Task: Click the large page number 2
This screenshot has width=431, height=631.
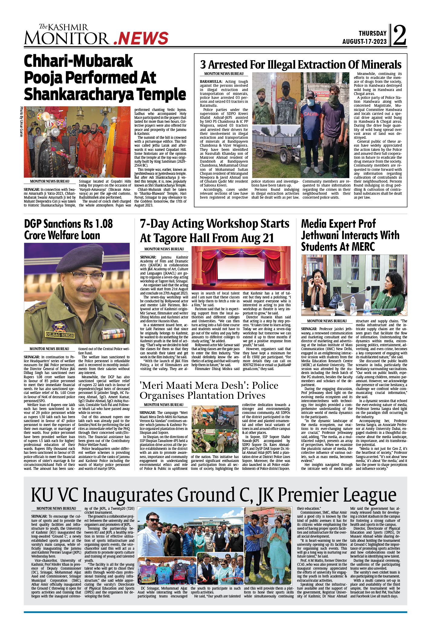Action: tap(400, 35)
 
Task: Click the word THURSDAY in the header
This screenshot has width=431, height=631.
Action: tap(372, 33)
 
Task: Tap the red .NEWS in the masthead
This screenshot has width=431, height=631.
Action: tap(142, 39)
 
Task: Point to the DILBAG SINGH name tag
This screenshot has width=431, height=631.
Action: tap(60, 335)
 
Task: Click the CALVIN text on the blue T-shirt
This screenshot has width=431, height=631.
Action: tap(311, 114)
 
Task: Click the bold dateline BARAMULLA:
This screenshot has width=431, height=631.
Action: tap(211, 82)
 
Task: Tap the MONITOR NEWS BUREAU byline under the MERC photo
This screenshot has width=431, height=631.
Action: tap(327, 321)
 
